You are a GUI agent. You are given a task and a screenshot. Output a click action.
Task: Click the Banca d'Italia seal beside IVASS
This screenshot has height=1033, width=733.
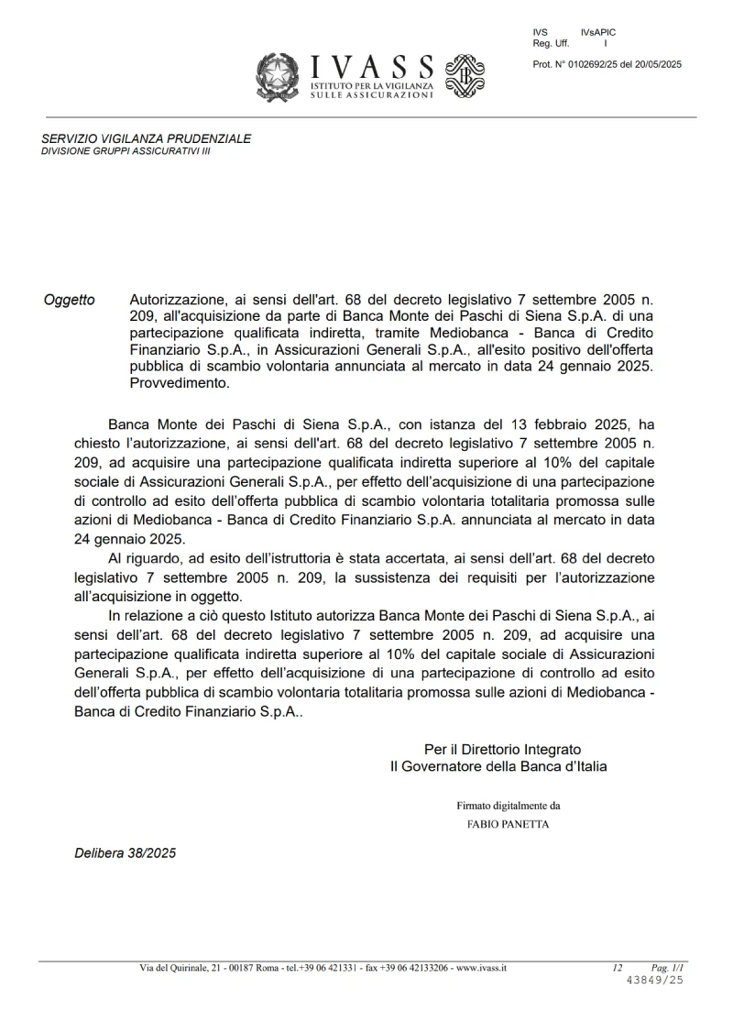(x=465, y=76)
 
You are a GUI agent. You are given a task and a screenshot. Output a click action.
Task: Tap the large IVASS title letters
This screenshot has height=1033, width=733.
(x=372, y=67)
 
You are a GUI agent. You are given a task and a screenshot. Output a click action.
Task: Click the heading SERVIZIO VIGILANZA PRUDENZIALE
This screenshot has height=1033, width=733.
(x=146, y=138)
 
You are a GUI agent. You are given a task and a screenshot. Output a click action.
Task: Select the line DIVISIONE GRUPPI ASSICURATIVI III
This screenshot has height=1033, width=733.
(x=126, y=150)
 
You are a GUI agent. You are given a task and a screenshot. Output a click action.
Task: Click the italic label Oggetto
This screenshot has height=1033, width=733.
(x=69, y=300)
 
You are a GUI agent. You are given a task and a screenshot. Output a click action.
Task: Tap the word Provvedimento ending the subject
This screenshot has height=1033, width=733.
(x=180, y=384)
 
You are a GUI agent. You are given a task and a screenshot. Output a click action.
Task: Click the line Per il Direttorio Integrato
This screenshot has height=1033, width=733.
(x=502, y=749)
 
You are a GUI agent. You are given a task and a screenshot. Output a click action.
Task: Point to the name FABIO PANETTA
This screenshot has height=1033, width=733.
(x=509, y=824)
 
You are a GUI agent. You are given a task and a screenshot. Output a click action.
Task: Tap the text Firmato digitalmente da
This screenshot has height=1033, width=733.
(x=509, y=806)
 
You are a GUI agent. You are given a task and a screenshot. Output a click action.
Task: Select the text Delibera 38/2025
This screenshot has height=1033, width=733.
(x=125, y=853)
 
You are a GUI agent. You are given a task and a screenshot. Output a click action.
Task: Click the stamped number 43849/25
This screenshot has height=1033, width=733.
(x=654, y=980)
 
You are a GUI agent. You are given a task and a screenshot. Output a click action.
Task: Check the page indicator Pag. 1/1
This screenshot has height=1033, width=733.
(x=667, y=968)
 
